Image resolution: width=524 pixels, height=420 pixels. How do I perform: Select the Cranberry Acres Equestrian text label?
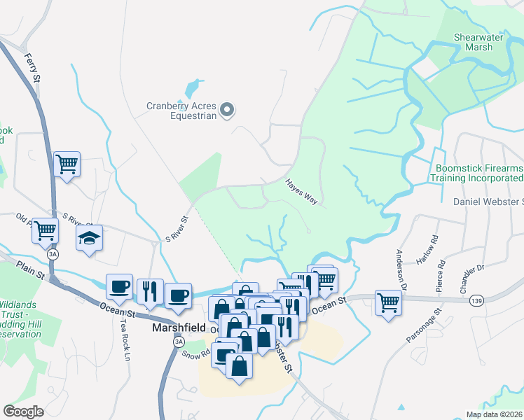coord(180,111)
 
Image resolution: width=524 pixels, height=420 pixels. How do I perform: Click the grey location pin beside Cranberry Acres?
coord(227,110)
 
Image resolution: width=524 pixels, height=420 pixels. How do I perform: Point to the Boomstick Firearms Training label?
coord(479,174)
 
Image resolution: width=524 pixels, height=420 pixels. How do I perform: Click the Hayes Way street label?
coord(301,191)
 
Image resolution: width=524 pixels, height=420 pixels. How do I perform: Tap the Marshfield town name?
coord(179,327)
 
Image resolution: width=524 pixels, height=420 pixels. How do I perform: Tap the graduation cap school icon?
coord(89,239)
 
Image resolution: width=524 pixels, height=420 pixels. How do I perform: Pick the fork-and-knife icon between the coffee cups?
coord(149,291)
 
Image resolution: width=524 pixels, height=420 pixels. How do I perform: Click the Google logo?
coord(24,411)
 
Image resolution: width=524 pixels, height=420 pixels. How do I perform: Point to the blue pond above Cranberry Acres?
coord(191,90)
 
